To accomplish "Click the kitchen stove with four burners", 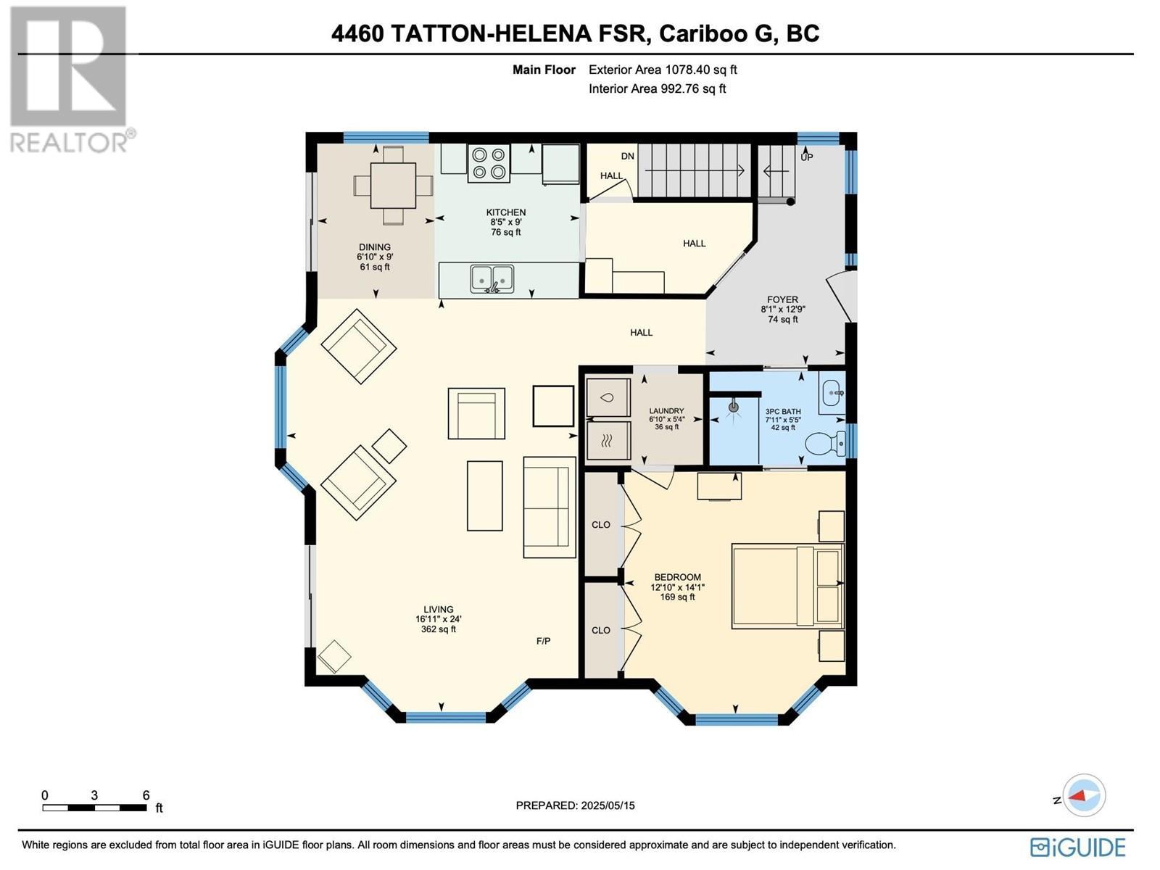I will pyautogui.click(x=489, y=163).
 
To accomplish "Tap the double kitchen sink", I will pyautogui.click(x=492, y=278).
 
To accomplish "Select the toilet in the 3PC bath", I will pyautogui.click(x=826, y=442).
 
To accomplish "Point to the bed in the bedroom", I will pyautogui.click(x=787, y=586).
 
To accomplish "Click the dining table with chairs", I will pyautogui.click(x=393, y=186).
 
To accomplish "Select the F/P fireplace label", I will pyautogui.click(x=543, y=641).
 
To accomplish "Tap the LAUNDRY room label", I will pyautogui.click(x=666, y=411).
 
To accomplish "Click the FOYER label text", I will pyautogui.click(x=782, y=299).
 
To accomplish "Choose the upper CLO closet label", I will pyautogui.click(x=601, y=525).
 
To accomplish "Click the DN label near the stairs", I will pyautogui.click(x=627, y=156).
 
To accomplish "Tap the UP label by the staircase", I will pyautogui.click(x=807, y=157).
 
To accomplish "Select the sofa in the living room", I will pyautogui.click(x=549, y=507).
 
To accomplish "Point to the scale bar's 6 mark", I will pyautogui.click(x=146, y=796).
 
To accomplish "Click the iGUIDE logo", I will pyautogui.click(x=1078, y=847).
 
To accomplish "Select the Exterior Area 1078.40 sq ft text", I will pyautogui.click(x=662, y=70).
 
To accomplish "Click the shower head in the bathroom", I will pyautogui.click(x=734, y=407).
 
